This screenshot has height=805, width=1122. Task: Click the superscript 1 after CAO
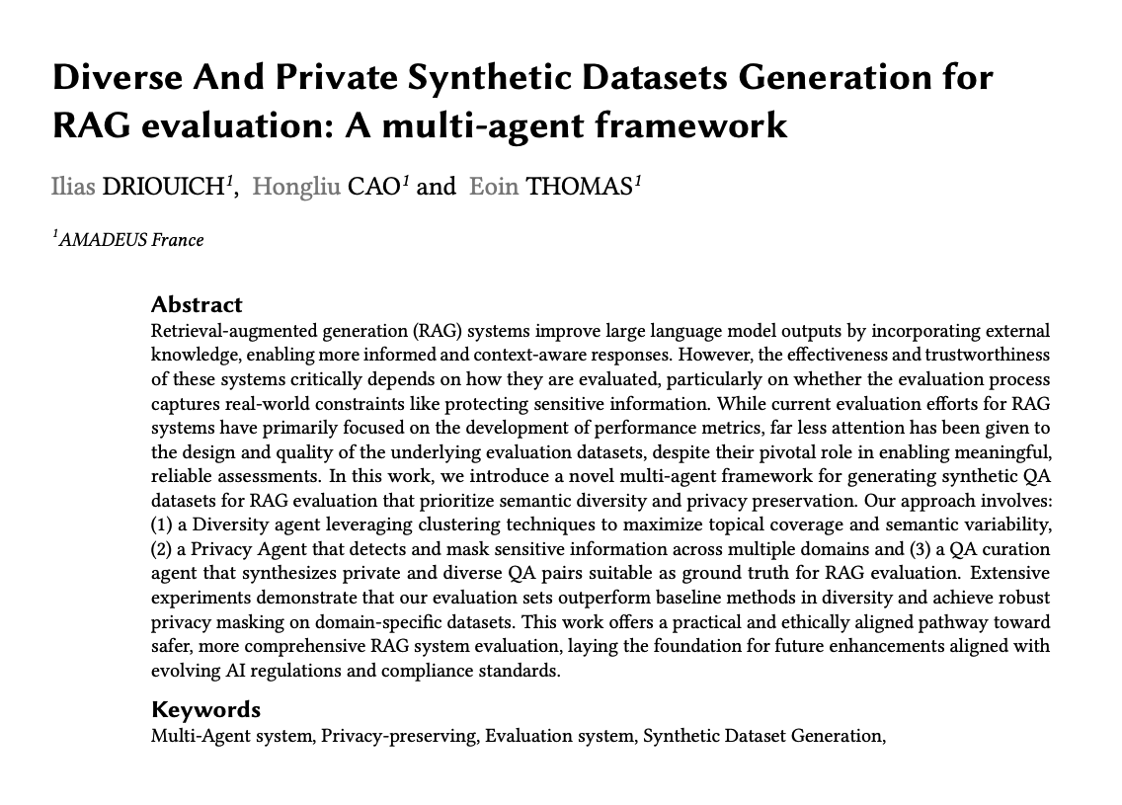pos(405,181)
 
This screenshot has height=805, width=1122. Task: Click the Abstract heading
pos(197,304)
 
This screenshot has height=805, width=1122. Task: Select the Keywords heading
pos(205,709)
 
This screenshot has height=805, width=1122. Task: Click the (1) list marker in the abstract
pos(162,524)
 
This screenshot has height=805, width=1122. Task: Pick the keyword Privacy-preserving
pos(399,736)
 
